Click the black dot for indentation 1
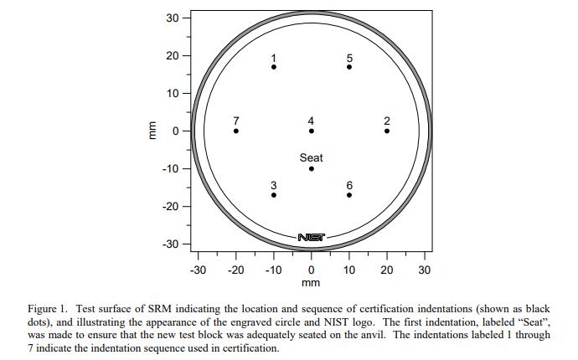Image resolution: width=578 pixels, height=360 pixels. click(x=273, y=67)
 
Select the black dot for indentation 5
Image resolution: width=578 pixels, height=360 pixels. click(x=349, y=67)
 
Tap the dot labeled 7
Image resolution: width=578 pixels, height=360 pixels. click(x=235, y=131)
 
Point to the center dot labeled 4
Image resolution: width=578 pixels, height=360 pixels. click(x=312, y=131)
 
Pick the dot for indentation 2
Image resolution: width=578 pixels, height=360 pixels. click(x=387, y=131)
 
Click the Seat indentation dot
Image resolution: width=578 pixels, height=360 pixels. click(x=312, y=168)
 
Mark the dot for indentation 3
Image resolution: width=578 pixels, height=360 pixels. click(x=273, y=195)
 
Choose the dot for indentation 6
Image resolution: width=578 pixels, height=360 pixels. click(x=349, y=195)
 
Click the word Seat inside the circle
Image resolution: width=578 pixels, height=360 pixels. click(x=312, y=157)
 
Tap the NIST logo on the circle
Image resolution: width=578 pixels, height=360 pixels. click(x=312, y=238)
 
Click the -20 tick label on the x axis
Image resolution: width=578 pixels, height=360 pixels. click(x=235, y=270)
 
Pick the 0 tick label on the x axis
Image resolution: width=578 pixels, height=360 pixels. click(x=312, y=270)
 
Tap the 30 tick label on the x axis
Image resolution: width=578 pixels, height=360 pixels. click(x=425, y=270)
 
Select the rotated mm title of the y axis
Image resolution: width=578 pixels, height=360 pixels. click(x=152, y=131)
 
